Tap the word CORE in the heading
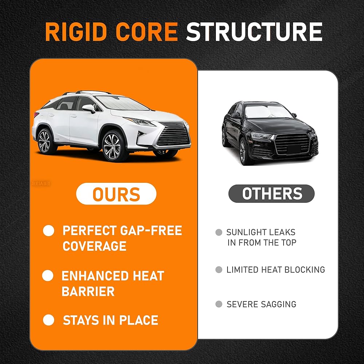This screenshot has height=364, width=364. (147, 32)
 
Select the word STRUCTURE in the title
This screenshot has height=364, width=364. (254, 32)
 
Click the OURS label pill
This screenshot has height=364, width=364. (116, 194)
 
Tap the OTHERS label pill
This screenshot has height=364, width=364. (272, 194)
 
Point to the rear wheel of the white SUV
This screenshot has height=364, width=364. (44, 141)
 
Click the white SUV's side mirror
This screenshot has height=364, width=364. (88, 108)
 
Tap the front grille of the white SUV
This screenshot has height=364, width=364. (173, 135)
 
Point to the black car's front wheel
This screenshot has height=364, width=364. (243, 151)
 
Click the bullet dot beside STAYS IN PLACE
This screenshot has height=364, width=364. (48, 320)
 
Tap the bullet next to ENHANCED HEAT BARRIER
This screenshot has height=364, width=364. (48, 276)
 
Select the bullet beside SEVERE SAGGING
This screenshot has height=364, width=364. (219, 304)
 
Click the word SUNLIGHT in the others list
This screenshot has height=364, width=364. (246, 232)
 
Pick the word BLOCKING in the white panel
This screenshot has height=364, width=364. (305, 270)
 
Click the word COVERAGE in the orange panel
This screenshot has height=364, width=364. (95, 246)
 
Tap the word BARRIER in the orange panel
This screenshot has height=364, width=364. (88, 291)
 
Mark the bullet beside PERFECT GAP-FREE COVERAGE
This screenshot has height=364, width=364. (48, 230)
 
